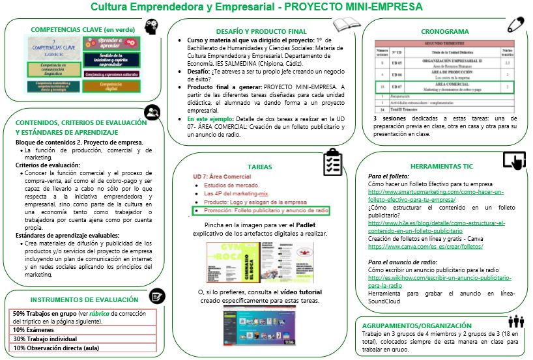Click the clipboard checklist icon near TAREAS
pos(333,162)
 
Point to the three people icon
pos(516,321)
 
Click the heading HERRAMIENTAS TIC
pos(444,165)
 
